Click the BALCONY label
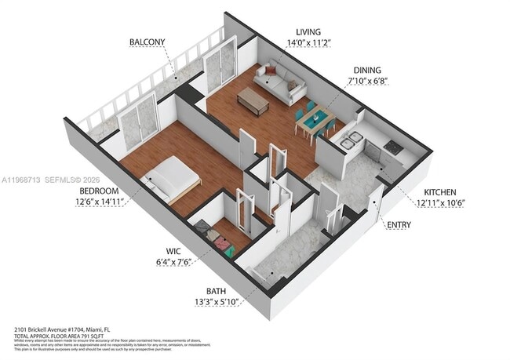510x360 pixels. click(x=147, y=42)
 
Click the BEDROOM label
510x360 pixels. click(x=98, y=191)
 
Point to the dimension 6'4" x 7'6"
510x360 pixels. click(x=173, y=264)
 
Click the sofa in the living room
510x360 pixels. click(x=284, y=82)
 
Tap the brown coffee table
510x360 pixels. click(x=253, y=99)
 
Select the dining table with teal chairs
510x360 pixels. click(x=315, y=121)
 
